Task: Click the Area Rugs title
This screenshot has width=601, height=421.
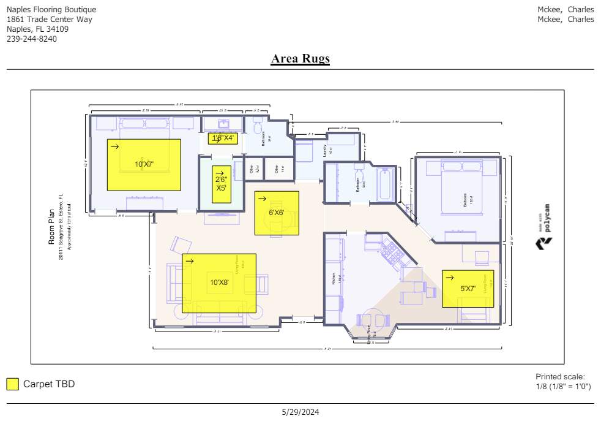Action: pyautogui.click(x=300, y=59)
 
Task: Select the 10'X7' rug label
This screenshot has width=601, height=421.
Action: pyautogui.click(x=144, y=164)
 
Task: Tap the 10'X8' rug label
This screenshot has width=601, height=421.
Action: pyautogui.click(x=219, y=283)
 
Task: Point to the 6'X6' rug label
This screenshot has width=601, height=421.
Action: pyautogui.click(x=277, y=213)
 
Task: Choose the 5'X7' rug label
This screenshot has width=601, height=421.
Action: pyautogui.click(x=468, y=289)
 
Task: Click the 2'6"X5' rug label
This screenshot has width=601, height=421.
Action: pyautogui.click(x=221, y=184)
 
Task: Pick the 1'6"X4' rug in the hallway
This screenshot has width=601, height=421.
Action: pyautogui.click(x=223, y=138)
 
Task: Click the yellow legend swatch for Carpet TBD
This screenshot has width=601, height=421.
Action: pyautogui.click(x=13, y=384)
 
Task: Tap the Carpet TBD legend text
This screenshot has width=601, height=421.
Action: pyautogui.click(x=49, y=384)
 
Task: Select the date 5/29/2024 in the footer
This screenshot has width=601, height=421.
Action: pyautogui.click(x=300, y=412)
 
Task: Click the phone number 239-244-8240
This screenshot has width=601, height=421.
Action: pyautogui.click(x=32, y=39)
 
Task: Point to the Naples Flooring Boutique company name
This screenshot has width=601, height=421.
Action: pyautogui.click(x=51, y=10)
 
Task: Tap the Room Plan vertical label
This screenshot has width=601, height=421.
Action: pyautogui.click(x=52, y=226)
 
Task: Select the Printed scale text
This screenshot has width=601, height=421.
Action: pyautogui.click(x=560, y=377)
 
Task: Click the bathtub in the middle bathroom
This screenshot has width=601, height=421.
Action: pyautogui.click(x=385, y=184)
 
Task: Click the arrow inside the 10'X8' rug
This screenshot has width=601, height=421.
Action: pyautogui.click(x=190, y=261)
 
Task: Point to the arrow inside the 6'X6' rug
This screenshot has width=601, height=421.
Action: pyautogui.click(x=262, y=199)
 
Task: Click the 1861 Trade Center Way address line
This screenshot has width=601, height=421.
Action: pyautogui.click(x=50, y=20)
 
